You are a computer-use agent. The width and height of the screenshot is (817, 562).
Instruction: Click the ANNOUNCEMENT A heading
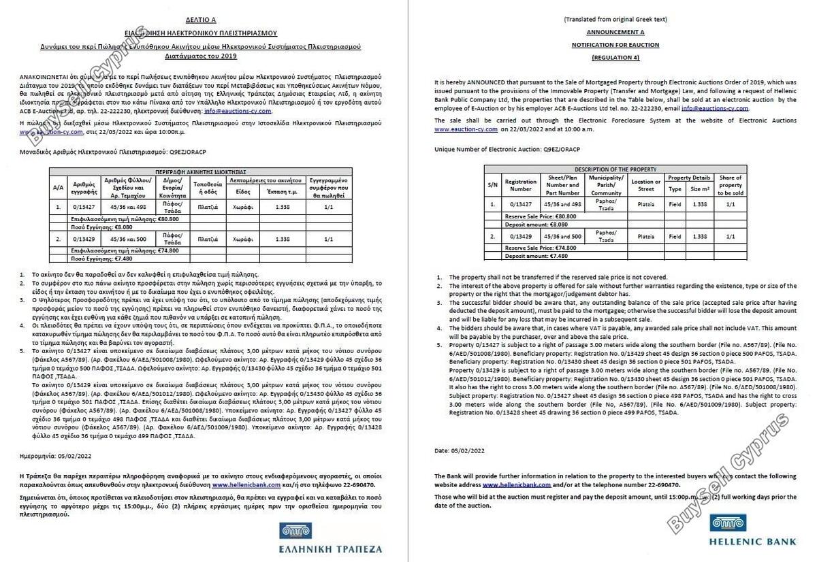[x=615, y=32]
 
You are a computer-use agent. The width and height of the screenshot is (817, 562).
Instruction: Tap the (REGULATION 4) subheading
[x=615, y=56]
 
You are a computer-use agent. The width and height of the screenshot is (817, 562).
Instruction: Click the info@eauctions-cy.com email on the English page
[x=714, y=108]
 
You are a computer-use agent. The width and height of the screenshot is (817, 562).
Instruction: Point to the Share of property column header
[x=731, y=185]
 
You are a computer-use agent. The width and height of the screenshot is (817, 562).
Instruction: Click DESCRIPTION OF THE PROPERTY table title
[x=615, y=169]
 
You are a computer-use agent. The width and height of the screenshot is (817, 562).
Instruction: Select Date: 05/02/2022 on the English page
[x=460, y=450]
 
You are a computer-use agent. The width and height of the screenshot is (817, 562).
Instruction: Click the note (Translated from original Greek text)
[x=615, y=20]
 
